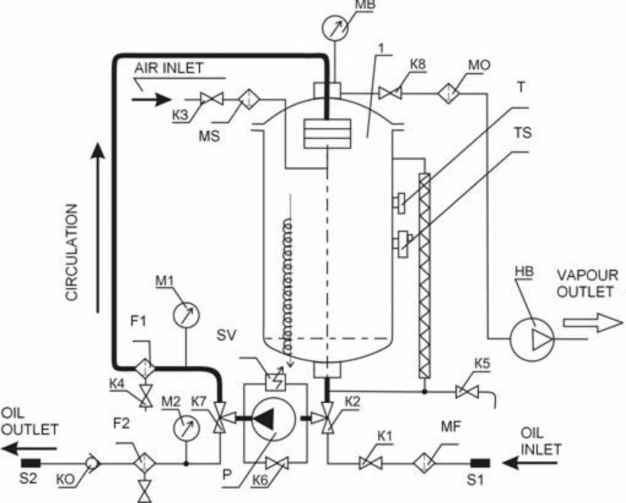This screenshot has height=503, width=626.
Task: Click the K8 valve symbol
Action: [x=389, y=94]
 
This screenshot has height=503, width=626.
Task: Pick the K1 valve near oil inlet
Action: [x=370, y=463]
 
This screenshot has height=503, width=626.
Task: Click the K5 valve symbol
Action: [x=466, y=392]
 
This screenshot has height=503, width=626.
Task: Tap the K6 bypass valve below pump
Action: [x=277, y=463]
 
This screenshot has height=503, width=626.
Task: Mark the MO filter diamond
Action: [x=449, y=94]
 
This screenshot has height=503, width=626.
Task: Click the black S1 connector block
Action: [x=480, y=463]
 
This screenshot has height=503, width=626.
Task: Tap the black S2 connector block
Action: [x=31, y=463]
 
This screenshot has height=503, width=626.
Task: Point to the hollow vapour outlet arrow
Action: [x=593, y=322]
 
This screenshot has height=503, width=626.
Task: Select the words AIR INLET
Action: [x=169, y=68]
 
